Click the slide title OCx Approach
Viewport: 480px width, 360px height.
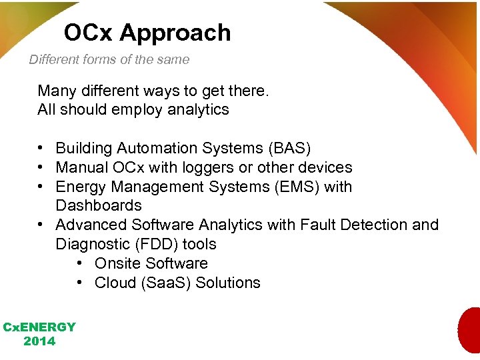click(147, 33)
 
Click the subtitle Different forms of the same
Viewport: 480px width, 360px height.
click(109, 59)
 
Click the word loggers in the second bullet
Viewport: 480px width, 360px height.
click(194, 167)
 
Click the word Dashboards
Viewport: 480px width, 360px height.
click(99, 205)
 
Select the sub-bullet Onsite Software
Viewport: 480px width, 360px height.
click(151, 263)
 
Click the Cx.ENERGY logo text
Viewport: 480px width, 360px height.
click(39, 327)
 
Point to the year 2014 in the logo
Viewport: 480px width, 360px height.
click(39, 341)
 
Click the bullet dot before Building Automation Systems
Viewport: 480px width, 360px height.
click(41, 148)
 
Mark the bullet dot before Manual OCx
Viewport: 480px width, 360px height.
click(41, 167)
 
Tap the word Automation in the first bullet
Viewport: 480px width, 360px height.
click(151, 148)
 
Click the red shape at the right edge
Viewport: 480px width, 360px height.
click(469, 330)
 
